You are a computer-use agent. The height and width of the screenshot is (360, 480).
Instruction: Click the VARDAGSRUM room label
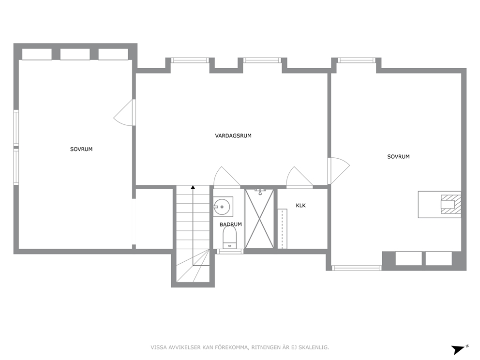coord(233,135)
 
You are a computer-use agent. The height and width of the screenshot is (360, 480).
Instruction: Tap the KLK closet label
coord(300,206)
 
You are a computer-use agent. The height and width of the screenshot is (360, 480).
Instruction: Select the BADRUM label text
coord(230,225)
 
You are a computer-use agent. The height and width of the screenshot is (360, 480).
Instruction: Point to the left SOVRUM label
coord(81,149)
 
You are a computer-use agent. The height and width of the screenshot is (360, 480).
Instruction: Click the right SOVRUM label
coord(398,156)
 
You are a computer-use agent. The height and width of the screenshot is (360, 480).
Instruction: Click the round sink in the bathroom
coord(222,207)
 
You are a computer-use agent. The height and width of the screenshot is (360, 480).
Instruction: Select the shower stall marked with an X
coord(259,219)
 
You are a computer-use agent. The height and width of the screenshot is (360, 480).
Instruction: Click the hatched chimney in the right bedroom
coord(450,204)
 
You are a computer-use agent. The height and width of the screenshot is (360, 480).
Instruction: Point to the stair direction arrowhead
coord(193,187)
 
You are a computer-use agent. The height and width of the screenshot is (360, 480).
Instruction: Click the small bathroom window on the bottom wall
coord(230,252)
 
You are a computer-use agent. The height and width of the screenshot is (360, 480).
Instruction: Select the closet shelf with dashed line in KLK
coord(282,229)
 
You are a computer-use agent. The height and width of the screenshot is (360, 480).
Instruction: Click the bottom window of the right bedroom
coord(357,268)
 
